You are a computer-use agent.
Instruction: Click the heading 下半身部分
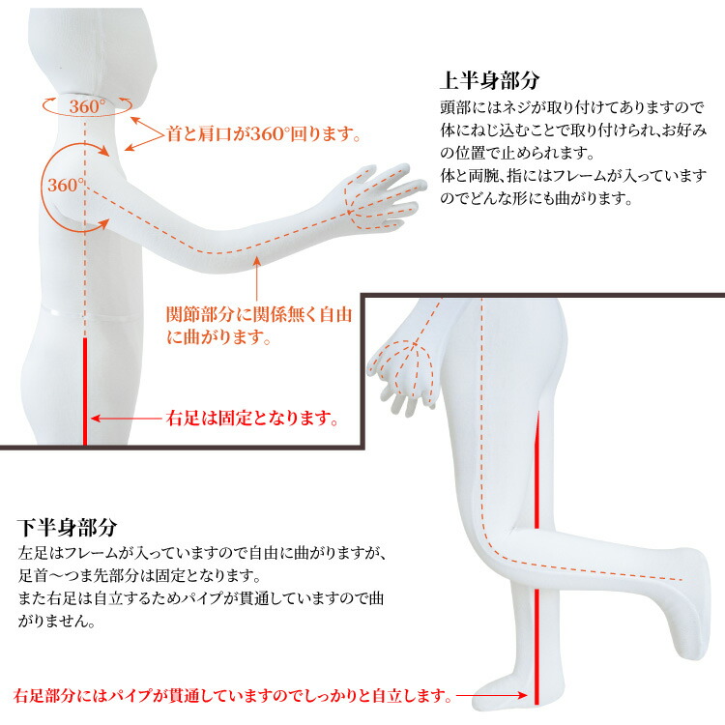(67, 529)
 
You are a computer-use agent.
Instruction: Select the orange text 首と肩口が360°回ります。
(263, 135)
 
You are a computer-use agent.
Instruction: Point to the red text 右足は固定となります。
(253, 420)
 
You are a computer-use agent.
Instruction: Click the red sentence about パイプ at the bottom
(232, 695)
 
